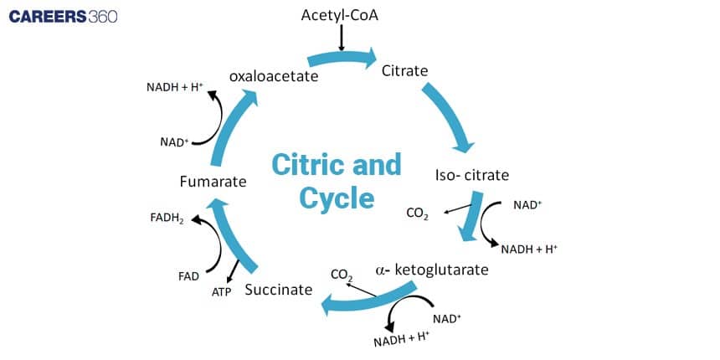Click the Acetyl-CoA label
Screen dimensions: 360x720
(341, 17)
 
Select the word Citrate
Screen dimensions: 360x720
(404, 71)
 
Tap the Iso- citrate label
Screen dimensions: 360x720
(472, 176)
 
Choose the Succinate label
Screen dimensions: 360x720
(278, 290)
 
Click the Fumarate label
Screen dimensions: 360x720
(213, 181)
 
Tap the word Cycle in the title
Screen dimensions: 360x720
(325, 198)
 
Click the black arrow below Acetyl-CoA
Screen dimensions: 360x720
(341, 39)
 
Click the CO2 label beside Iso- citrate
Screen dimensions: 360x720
(417, 214)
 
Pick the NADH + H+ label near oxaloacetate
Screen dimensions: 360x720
(175, 86)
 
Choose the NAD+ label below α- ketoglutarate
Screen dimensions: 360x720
(446, 319)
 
